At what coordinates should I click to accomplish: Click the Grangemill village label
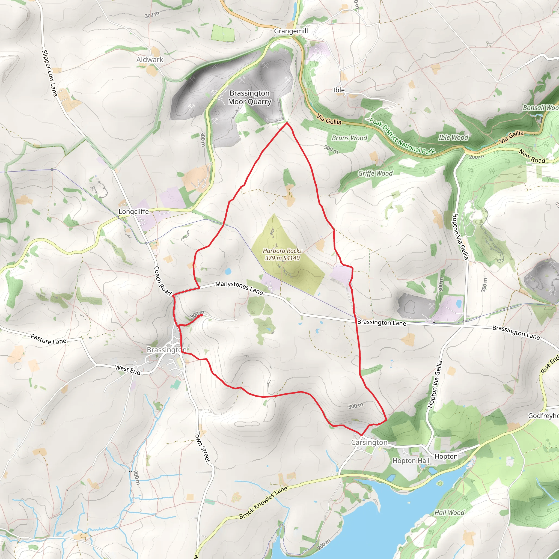(x=291, y=31)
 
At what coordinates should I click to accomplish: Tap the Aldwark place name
(x=150, y=60)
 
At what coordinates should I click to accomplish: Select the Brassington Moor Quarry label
(x=249, y=97)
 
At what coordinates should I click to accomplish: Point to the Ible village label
(x=339, y=90)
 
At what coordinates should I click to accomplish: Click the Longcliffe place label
(x=134, y=212)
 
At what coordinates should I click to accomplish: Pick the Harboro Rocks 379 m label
(x=282, y=254)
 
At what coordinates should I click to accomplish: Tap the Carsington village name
(x=369, y=442)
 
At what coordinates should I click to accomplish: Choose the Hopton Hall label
(x=411, y=461)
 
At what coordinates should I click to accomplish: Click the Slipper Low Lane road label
(x=49, y=73)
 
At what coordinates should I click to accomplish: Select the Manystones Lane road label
(x=239, y=288)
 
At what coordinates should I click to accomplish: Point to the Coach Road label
(x=162, y=281)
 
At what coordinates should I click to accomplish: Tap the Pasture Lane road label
(x=49, y=339)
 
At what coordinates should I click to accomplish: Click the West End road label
(x=127, y=370)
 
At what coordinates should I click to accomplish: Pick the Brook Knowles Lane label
(x=263, y=503)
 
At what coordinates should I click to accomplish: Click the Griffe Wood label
(x=375, y=173)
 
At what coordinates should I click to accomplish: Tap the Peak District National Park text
(x=402, y=136)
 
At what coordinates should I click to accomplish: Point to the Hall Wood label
(x=449, y=513)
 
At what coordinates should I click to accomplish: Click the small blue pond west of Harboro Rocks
(x=228, y=271)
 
